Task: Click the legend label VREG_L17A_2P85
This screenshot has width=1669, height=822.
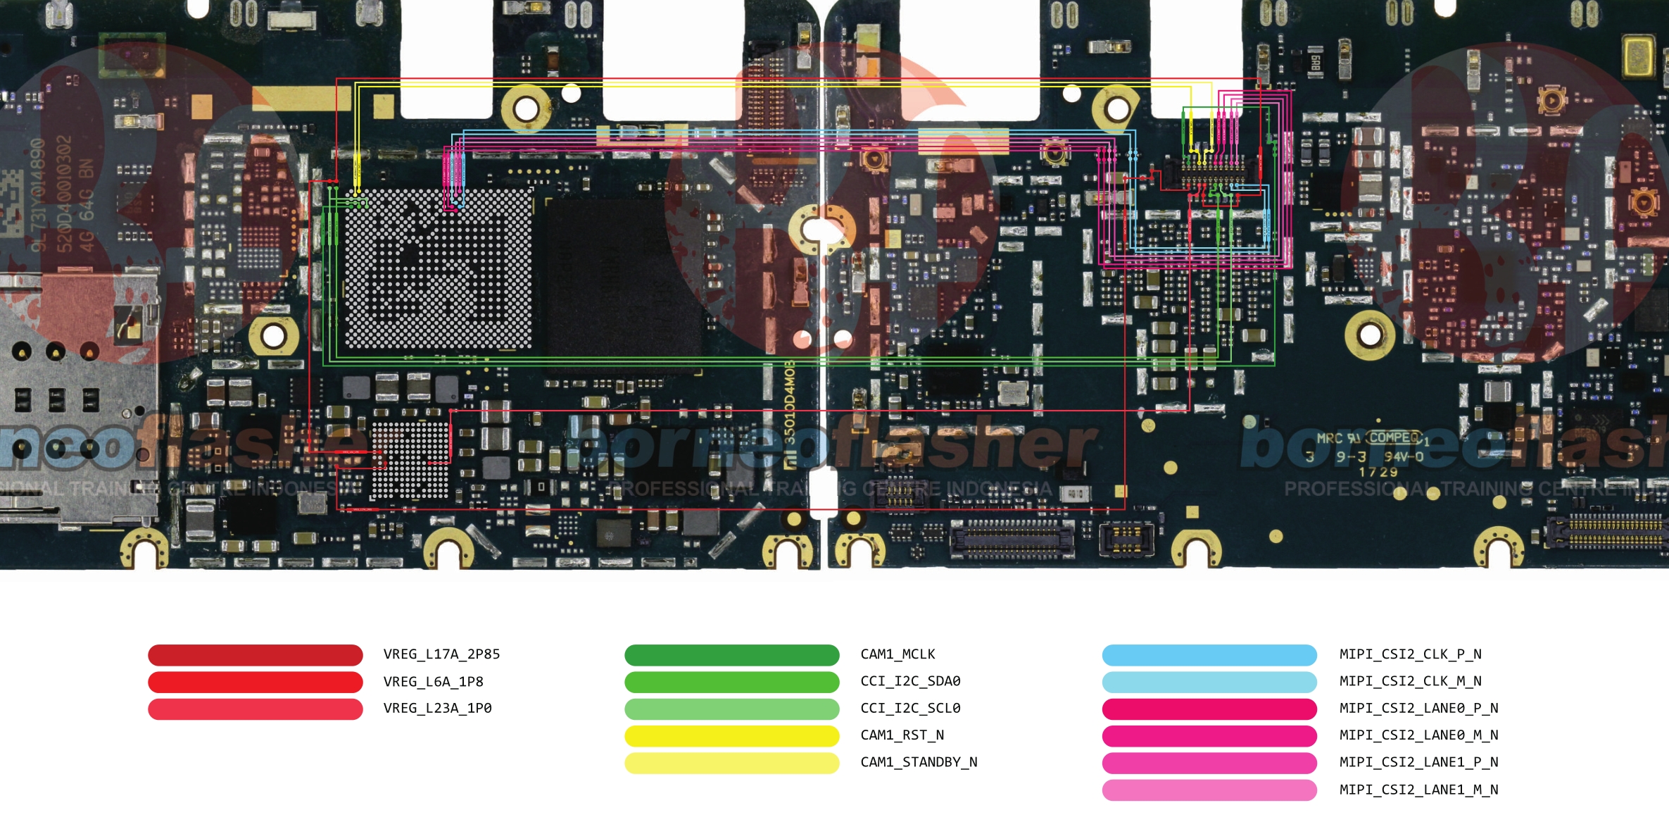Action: (441, 654)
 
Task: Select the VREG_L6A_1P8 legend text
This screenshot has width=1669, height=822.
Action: (433, 682)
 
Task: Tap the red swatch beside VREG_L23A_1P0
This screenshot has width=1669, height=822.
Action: (255, 709)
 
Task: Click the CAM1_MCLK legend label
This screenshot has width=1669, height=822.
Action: (898, 654)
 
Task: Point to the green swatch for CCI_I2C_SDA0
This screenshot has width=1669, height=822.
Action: (731, 682)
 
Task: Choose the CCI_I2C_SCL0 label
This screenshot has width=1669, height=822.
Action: (910, 709)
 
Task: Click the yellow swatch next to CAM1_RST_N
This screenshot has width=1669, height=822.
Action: (731, 736)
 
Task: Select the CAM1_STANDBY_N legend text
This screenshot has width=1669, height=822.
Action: (919, 762)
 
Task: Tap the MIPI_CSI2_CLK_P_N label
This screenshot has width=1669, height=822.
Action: (1410, 654)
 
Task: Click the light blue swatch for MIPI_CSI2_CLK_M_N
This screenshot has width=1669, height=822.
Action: (1209, 682)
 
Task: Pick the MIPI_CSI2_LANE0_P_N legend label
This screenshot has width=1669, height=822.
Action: (1418, 709)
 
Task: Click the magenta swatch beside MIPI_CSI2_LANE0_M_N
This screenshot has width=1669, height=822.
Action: (1209, 736)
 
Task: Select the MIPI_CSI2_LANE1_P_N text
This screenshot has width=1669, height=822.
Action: (1418, 762)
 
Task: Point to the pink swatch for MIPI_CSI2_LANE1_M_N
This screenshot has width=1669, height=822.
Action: (1209, 790)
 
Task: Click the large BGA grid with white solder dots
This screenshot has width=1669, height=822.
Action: (438, 268)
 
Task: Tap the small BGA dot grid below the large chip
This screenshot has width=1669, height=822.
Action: (410, 459)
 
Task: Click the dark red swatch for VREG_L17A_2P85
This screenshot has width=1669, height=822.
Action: (255, 655)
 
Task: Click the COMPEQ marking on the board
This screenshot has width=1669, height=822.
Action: (1394, 437)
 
